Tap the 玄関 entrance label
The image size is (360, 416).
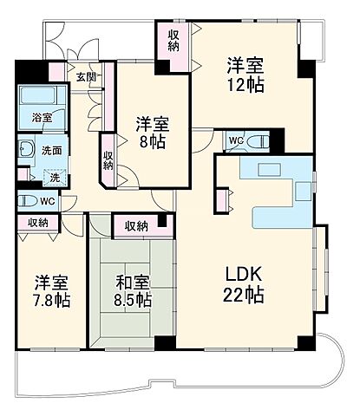pos(85,78)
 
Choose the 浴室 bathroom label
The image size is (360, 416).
pos(43,116)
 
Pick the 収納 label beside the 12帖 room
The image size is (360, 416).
pos(174,40)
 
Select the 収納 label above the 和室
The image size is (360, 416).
pos(136,226)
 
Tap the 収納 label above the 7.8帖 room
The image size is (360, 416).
pos(37,223)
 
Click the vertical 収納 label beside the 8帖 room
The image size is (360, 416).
pos(108,159)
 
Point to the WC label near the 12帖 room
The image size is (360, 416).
pos(235,141)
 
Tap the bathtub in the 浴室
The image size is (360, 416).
pos(37,94)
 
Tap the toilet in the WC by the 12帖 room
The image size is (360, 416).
pos(259,140)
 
